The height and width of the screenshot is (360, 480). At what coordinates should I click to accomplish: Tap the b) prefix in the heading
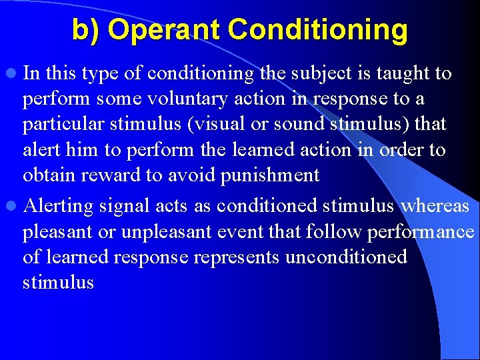tap(87, 30)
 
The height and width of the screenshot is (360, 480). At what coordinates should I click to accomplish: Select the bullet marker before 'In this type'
tap(13, 73)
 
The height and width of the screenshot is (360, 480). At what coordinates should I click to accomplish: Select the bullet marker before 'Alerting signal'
tap(13, 206)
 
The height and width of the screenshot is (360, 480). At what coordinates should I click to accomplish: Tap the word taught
tap(408, 73)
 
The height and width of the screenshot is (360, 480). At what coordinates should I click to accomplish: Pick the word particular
tap(60, 125)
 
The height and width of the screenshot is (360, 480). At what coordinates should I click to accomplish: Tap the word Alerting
tap(58, 206)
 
